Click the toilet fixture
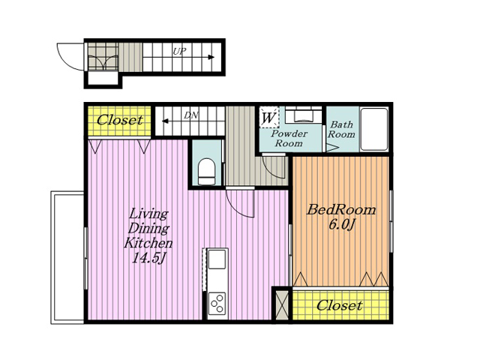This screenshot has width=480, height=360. tap(207, 172)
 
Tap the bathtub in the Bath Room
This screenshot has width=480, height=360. tap(373, 129)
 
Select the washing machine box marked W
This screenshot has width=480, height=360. tap(269, 117)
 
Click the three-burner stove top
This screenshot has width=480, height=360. tap(217, 303)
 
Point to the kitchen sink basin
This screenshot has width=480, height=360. tap(217, 259)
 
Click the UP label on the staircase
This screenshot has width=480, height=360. tap(179, 52)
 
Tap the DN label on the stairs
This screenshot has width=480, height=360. tap(191, 115)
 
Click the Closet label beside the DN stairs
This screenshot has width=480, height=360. tap(120, 120)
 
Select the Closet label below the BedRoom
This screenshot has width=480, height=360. tap(340, 305)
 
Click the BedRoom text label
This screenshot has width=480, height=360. tap(341, 210)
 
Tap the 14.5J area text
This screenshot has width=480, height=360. tap(148, 259)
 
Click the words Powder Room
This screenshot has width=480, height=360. tap(289, 138)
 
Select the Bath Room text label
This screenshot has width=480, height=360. tap(342, 129)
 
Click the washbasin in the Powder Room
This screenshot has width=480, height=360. tap(303, 115)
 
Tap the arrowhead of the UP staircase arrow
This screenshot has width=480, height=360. tap(211, 57)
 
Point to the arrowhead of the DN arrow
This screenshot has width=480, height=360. tap(165, 121)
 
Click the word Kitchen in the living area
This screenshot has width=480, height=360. tap(148, 243)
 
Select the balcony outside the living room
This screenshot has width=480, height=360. tap(67, 257)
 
